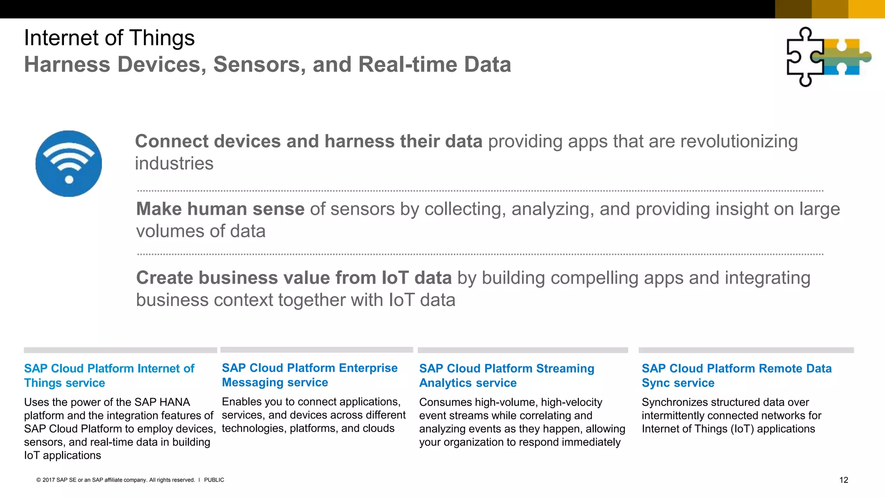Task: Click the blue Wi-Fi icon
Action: point(69,163)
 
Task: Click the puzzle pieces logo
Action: point(828,57)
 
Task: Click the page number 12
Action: point(844,480)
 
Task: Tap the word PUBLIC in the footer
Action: point(214,480)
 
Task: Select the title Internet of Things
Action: point(109,38)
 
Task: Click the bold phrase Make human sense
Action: point(220,209)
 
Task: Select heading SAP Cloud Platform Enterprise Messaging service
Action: point(309,375)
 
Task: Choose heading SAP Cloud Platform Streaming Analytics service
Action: point(506,375)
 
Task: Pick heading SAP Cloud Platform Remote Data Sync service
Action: point(736,375)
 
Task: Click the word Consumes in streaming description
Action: point(445,402)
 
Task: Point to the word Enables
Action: point(241,402)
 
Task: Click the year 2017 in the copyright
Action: point(48,480)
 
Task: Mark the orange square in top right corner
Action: point(866,9)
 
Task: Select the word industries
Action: point(174,164)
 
